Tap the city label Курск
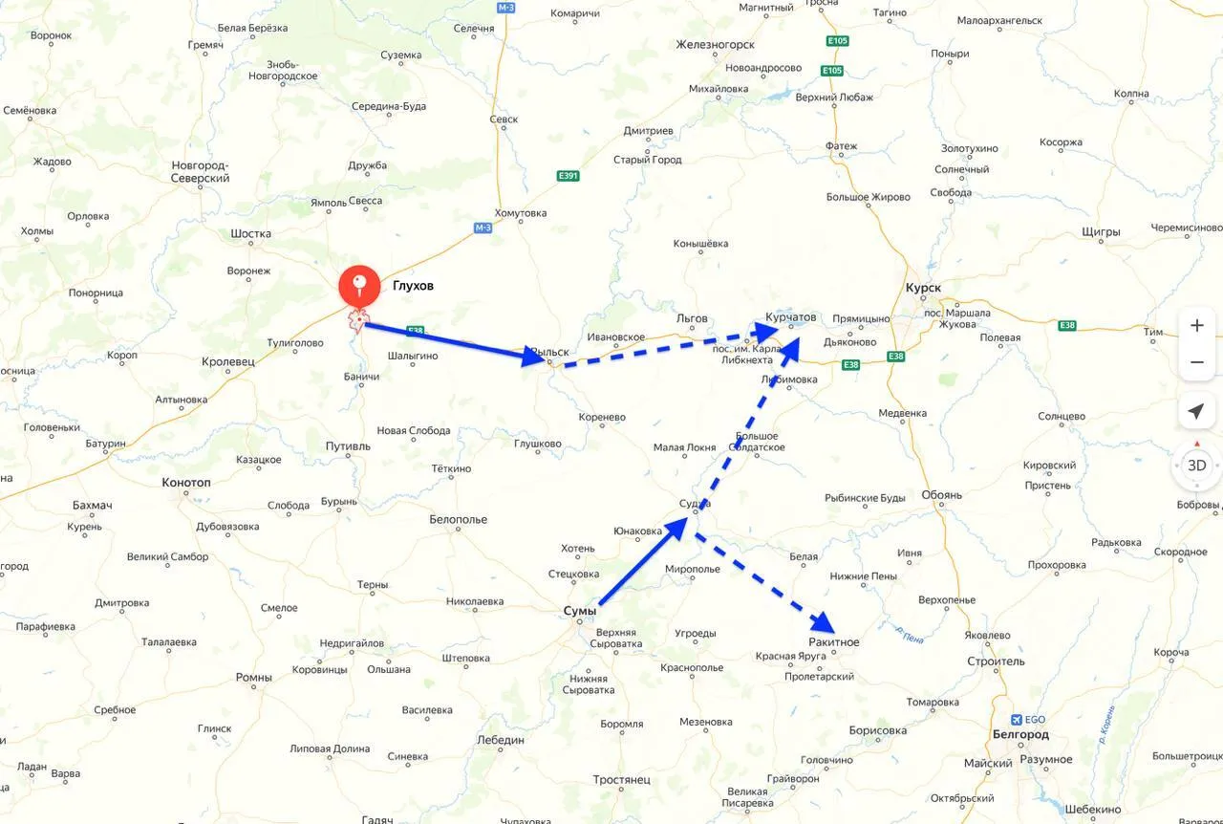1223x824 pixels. pos(922,288)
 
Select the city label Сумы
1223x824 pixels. pos(580,611)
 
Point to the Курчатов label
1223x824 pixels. pos(791,316)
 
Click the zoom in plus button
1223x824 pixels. pos(1197,326)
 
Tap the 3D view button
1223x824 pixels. pos(1196,466)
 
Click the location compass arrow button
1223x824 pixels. pos(1196,411)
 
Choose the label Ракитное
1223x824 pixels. pos(833,642)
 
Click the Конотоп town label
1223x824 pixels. pos(186,483)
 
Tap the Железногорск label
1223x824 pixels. pos(715,45)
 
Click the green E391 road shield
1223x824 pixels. pos(568,176)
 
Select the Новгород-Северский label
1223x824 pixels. pos(200,172)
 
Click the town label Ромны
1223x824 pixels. pos(253,678)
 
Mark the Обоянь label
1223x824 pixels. pos(942,495)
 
